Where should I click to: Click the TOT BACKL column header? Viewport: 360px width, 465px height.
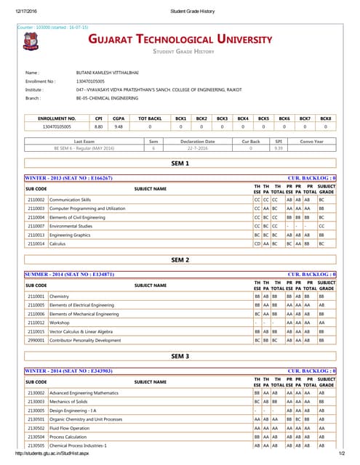point(149,118)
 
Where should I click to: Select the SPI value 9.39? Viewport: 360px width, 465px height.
point(278,147)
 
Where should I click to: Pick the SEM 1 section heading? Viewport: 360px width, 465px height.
point(180,164)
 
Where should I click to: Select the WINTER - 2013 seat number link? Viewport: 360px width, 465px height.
point(69,177)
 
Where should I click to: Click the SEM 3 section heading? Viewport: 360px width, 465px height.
point(180,357)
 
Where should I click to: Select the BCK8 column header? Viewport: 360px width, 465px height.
point(326,118)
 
